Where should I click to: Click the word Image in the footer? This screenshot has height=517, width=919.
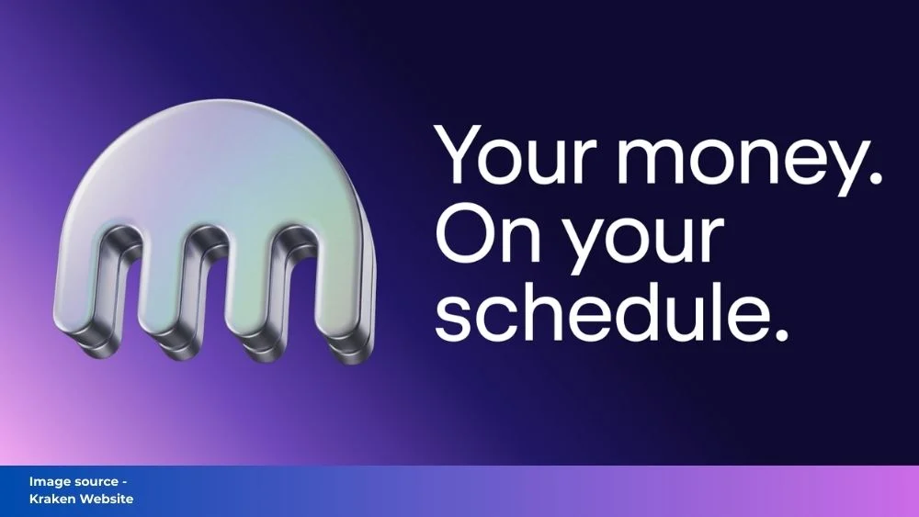tap(45, 482)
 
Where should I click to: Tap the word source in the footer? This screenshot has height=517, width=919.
tap(91, 482)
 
